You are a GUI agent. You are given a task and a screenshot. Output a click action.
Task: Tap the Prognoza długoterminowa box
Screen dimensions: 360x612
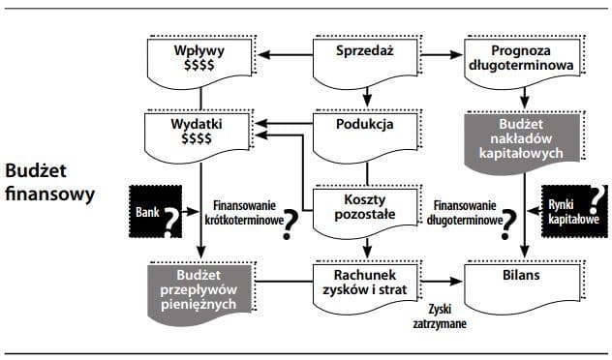(x=523, y=59)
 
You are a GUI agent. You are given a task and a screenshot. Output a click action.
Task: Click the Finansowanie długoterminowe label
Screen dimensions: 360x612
(x=468, y=213)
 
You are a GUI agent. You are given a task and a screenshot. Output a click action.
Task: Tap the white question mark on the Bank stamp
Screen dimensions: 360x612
(x=171, y=224)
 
